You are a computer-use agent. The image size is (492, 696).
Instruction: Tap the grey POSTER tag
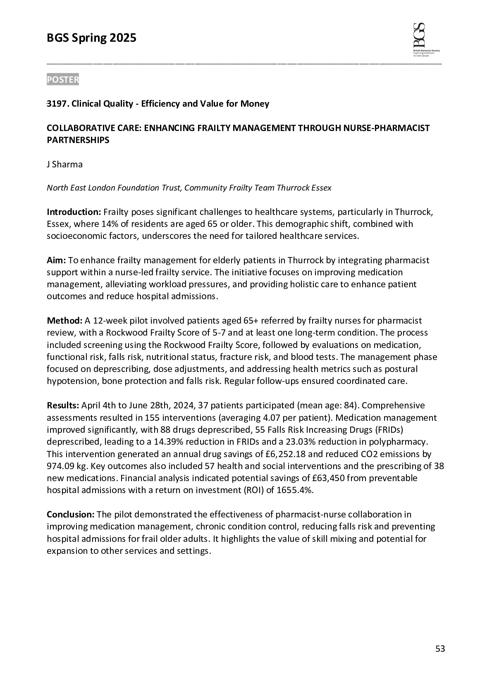coord(62,80)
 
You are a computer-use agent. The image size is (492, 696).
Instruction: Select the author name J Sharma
coord(64,164)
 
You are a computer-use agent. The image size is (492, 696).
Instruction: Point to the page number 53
coord(440,649)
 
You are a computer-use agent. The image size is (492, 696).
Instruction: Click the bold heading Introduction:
coord(74,212)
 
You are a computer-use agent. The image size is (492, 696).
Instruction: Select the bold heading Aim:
coord(56,260)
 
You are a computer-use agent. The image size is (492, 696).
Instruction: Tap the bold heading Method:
coord(64,321)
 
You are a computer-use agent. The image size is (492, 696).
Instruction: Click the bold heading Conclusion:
coord(71,515)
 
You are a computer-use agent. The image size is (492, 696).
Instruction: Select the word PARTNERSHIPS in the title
coord(78,140)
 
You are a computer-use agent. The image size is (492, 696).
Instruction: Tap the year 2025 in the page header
coord(123,38)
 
